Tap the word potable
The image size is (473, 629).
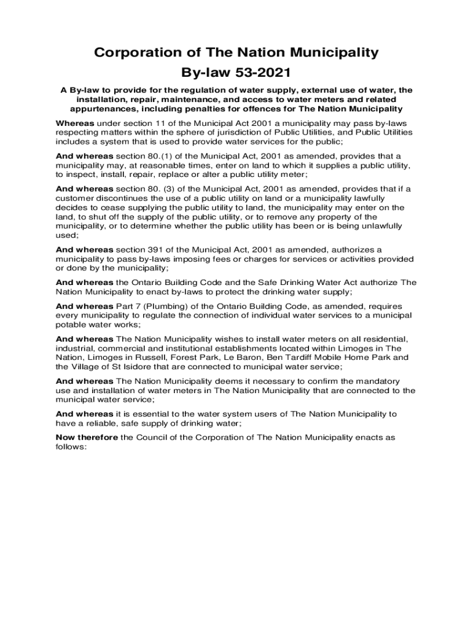tap(70, 324)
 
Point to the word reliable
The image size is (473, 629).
tap(96, 423)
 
